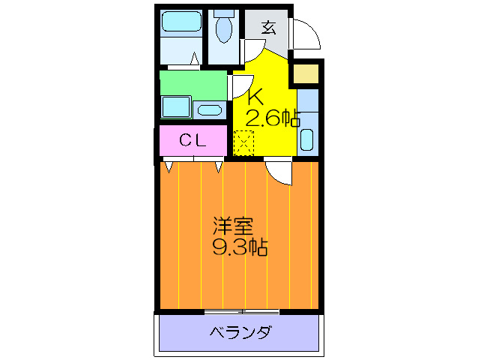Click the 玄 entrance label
(x=269, y=28)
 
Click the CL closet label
(x=193, y=140)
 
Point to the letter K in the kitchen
(x=255, y=97)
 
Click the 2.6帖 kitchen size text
(x=273, y=118)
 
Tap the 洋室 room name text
(x=232, y=226)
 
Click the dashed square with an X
(x=244, y=142)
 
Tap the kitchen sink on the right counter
(x=307, y=139)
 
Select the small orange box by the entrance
(x=306, y=74)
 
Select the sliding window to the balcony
(x=241, y=311)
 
